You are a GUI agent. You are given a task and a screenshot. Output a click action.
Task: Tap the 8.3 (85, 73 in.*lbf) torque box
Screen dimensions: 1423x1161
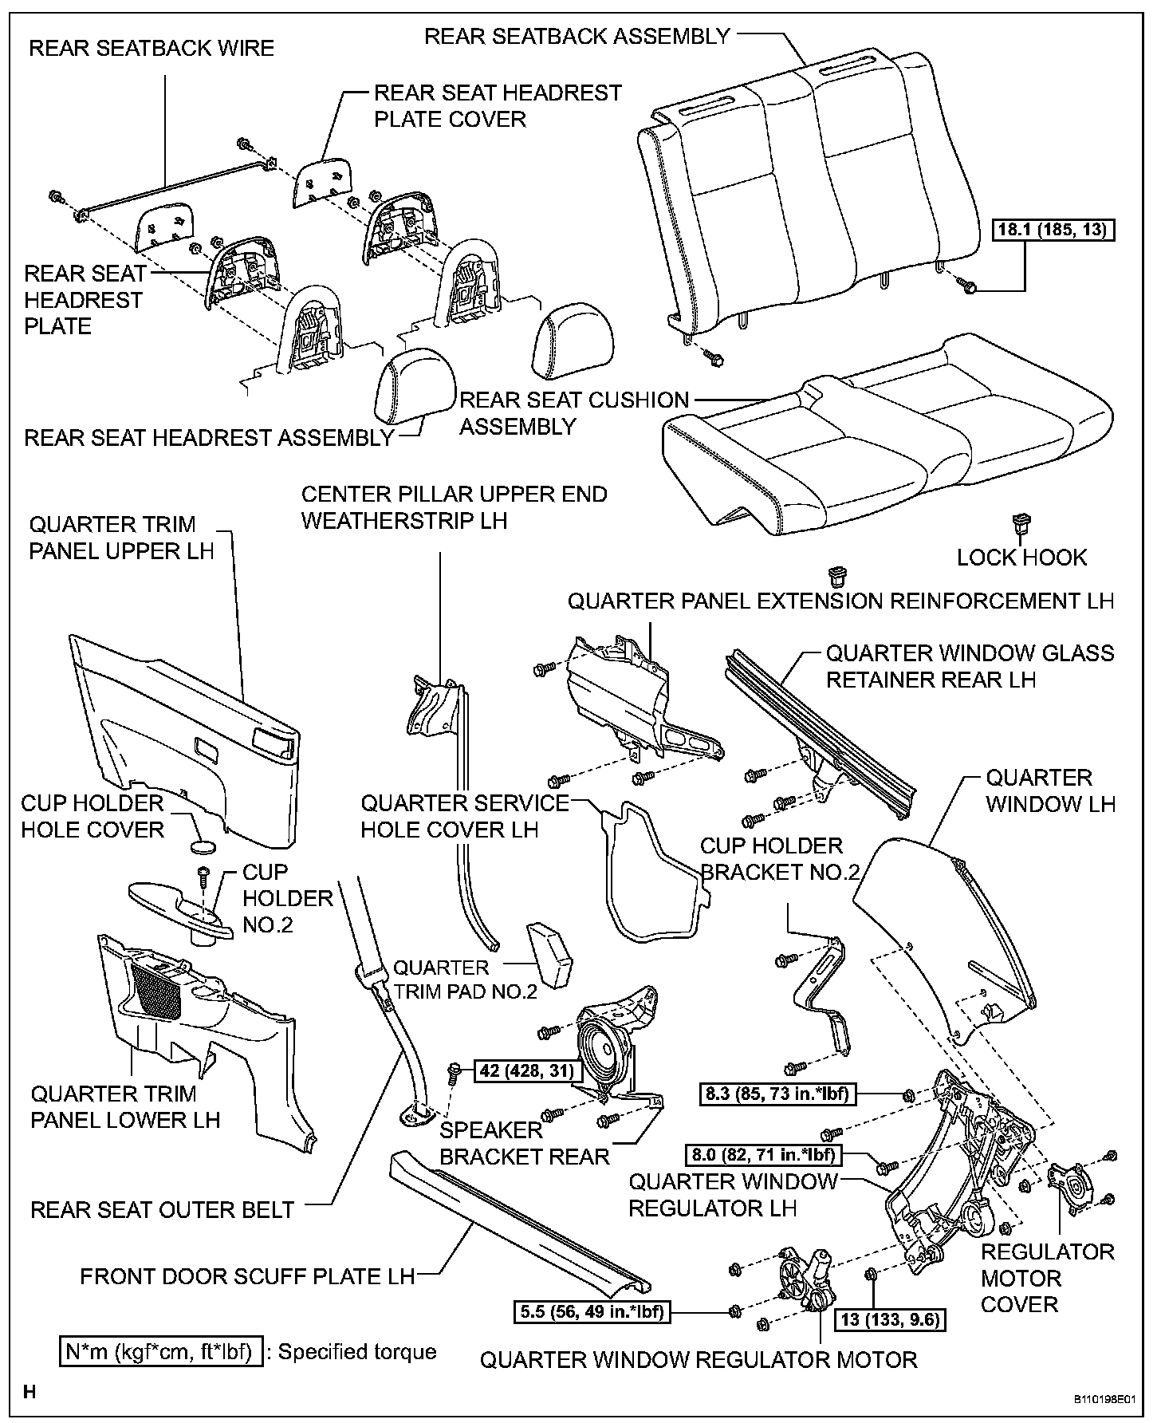pos(777,1094)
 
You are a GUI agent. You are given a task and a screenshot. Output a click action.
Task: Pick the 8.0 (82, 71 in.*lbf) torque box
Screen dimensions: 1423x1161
pos(764,1154)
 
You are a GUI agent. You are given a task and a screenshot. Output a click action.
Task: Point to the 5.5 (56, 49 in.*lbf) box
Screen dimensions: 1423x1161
pos(592,1311)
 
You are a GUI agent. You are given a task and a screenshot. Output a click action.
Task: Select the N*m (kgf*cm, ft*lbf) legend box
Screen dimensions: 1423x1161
pos(161,1351)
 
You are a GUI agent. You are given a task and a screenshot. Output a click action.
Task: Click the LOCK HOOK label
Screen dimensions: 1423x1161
pos(1021,557)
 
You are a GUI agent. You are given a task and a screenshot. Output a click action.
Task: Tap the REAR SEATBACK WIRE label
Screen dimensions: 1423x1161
pos(152,48)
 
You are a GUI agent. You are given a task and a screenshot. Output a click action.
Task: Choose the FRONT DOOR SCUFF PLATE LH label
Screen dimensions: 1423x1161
pos(247,1276)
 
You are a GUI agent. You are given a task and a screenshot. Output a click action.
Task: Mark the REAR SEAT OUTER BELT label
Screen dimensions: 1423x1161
pos(163,1209)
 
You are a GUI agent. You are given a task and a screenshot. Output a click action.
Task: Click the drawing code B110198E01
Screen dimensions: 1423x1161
pos(1106,1399)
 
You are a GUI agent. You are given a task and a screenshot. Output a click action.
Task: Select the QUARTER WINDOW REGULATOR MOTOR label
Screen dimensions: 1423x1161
pos(699,1359)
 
